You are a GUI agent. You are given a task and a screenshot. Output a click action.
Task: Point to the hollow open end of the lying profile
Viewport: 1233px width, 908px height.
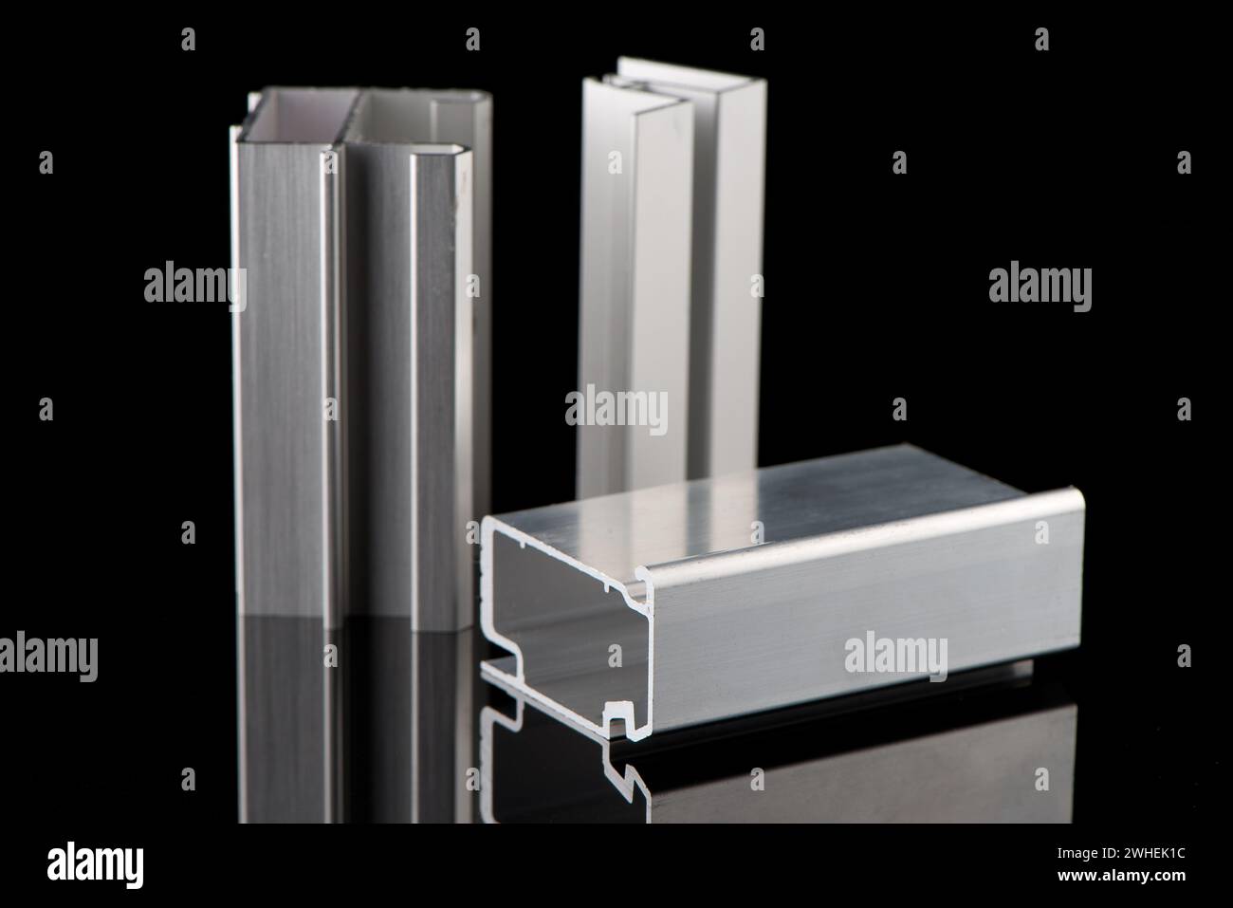tap(560, 607)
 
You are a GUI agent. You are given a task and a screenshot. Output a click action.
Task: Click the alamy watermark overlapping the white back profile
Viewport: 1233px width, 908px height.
tap(616, 410)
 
